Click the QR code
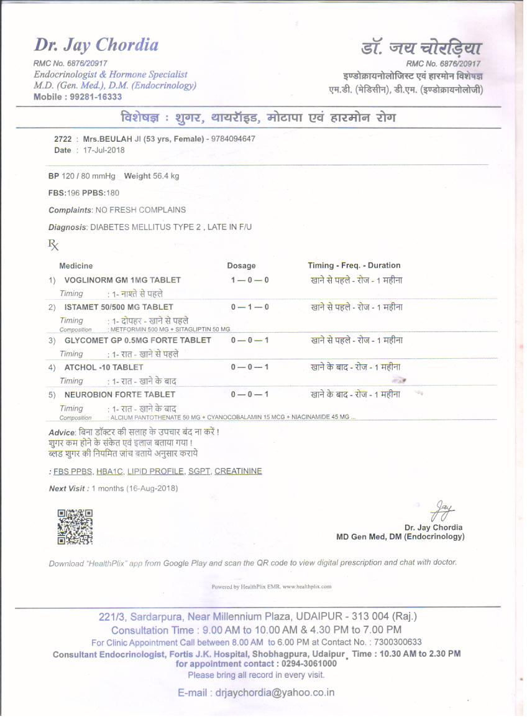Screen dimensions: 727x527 (75, 527)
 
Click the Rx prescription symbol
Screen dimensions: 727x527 (53, 245)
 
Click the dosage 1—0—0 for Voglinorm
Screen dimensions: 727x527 (250, 280)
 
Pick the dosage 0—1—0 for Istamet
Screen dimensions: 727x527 (250, 307)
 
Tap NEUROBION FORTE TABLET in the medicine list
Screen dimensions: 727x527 (120, 395)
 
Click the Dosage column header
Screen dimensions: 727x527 (241, 266)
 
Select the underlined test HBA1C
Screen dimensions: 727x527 (109, 471)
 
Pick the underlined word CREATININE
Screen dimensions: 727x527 (238, 471)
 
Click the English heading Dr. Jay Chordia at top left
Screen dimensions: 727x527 (96, 45)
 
